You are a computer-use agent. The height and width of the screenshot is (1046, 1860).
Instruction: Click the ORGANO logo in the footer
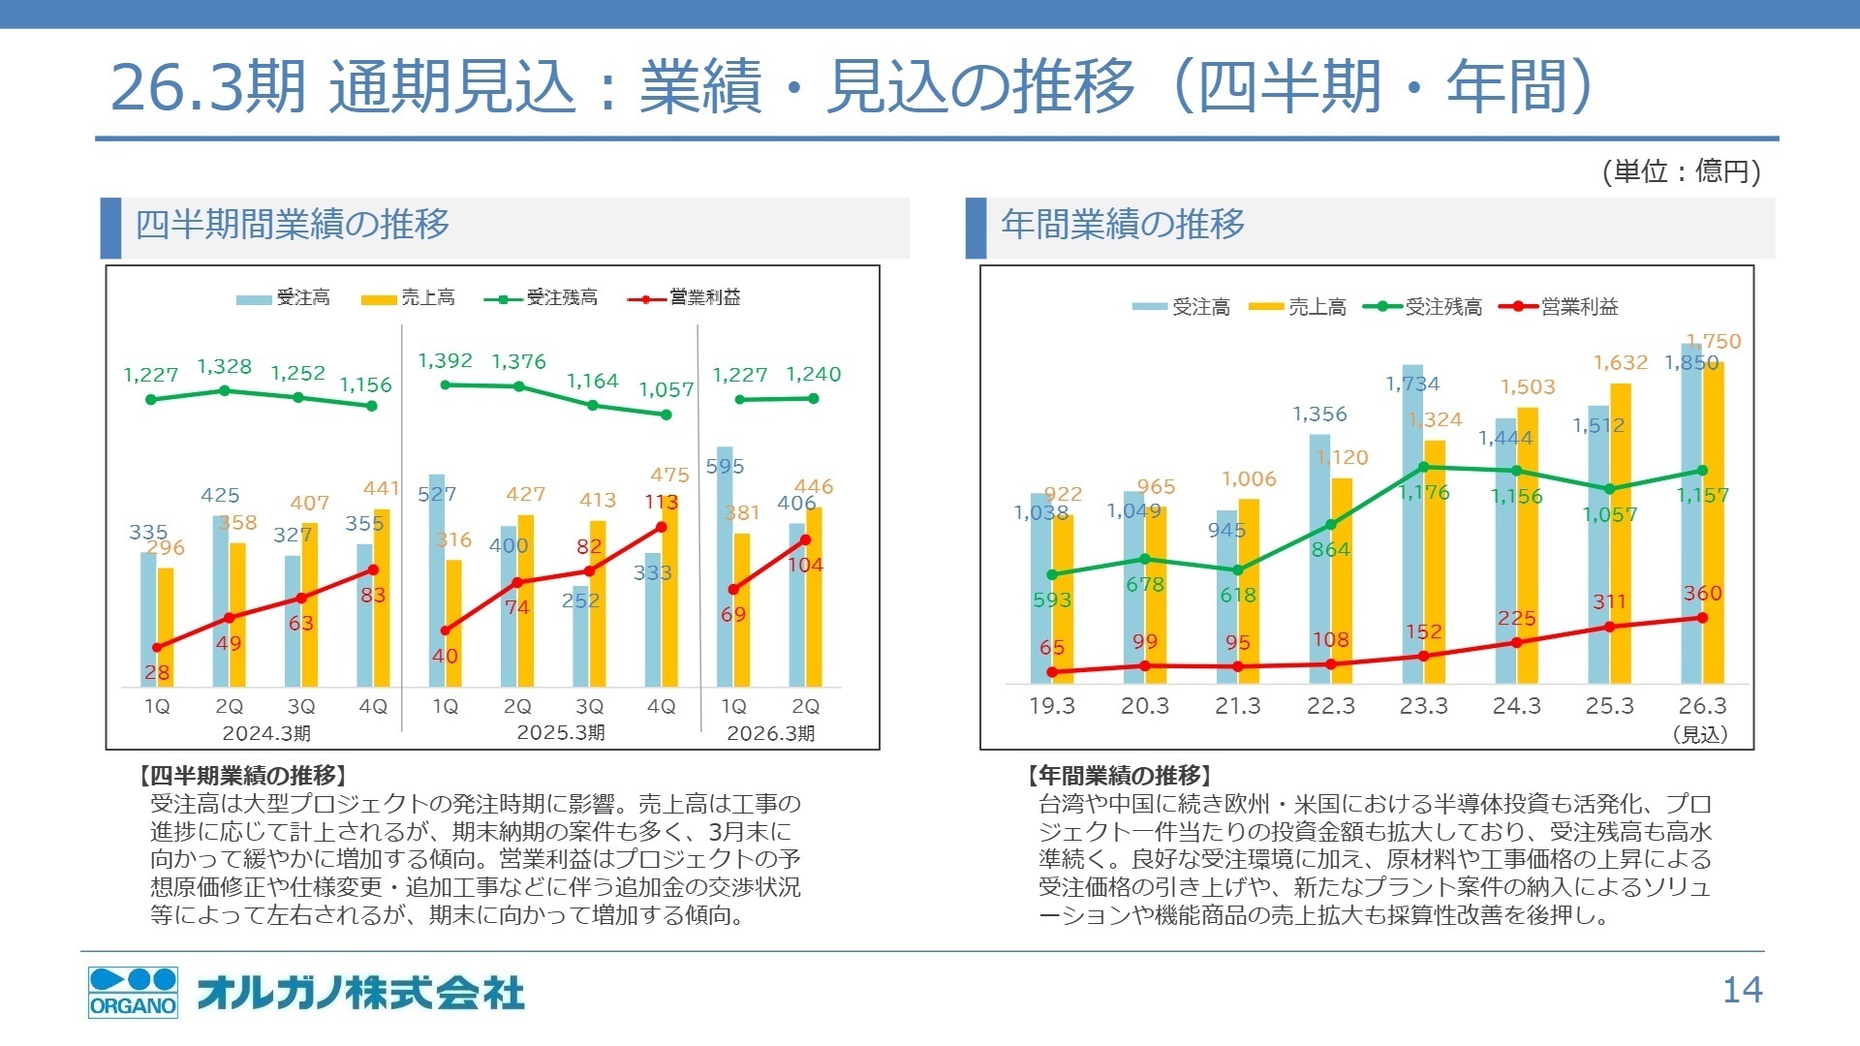[133, 992]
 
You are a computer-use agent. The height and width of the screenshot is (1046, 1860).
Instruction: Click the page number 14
[1742, 990]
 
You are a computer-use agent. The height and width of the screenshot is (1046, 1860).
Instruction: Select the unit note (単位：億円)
[1681, 171]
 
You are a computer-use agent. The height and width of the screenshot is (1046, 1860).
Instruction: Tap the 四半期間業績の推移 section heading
[293, 225]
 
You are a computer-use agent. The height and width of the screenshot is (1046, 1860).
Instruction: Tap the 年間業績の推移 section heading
[1123, 225]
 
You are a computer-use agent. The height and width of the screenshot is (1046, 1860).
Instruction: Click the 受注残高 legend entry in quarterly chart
[542, 297]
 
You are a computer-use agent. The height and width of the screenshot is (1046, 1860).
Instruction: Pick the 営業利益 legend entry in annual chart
[1559, 307]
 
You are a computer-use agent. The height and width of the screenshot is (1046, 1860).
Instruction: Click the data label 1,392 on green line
[445, 361]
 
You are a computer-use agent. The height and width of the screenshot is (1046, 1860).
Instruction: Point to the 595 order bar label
[725, 467]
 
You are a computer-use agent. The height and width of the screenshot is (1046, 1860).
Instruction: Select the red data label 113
[662, 503]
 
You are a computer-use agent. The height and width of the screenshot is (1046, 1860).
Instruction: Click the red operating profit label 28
[157, 672]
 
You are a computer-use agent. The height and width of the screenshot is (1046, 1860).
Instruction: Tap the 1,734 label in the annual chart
[1412, 385]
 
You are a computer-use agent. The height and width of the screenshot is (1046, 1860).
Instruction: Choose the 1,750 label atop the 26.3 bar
[1714, 342]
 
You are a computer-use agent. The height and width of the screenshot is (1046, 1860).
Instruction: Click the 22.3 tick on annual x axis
[1330, 706]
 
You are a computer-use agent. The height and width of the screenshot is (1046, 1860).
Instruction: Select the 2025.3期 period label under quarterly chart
[560, 733]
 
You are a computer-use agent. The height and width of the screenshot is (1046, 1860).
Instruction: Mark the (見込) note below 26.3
[1700, 735]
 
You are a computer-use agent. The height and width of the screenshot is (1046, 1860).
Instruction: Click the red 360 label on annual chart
[1702, 594]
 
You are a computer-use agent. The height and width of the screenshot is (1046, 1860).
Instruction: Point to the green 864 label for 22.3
[1330, 550]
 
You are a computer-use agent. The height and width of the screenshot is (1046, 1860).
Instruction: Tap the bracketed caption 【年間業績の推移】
[1119, 776]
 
